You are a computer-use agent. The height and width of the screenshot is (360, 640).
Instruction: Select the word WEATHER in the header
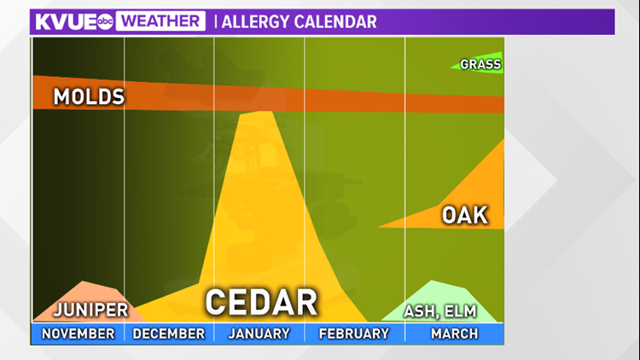point(160,21)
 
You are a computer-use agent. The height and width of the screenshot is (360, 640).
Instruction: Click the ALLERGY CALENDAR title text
point(299,21)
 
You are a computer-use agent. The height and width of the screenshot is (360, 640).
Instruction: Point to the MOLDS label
point(89,96)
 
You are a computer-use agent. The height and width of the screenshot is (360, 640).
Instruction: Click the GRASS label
point(480,64)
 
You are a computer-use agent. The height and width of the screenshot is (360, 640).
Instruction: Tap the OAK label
point(465,215)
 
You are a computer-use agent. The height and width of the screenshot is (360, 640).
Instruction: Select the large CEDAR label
point(261,302)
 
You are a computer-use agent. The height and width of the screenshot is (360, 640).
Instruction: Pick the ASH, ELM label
point(440,311)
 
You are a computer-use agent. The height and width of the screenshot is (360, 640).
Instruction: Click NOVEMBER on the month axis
point(78,334)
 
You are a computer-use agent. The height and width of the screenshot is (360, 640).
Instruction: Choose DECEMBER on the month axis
point(169,334)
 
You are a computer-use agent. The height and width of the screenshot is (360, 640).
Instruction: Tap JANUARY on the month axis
point(259,334)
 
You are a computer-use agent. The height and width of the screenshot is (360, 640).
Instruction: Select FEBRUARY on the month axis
point(353,334)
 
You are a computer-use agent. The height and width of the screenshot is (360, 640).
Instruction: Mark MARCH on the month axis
point(454,334)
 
